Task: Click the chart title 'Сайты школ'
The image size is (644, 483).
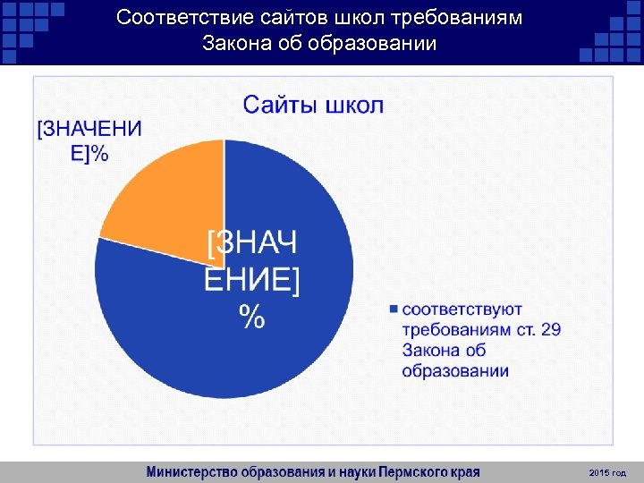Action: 314,106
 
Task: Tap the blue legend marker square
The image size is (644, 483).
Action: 394,309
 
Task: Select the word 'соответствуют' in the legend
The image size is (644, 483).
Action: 462,309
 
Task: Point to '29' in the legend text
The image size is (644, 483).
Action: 551,330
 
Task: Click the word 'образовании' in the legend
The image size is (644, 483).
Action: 455,370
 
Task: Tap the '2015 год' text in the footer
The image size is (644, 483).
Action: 608,471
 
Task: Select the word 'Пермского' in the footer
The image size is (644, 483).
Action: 415,471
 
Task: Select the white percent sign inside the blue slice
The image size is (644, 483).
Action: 251,316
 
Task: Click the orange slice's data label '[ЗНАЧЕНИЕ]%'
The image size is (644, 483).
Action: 89,140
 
